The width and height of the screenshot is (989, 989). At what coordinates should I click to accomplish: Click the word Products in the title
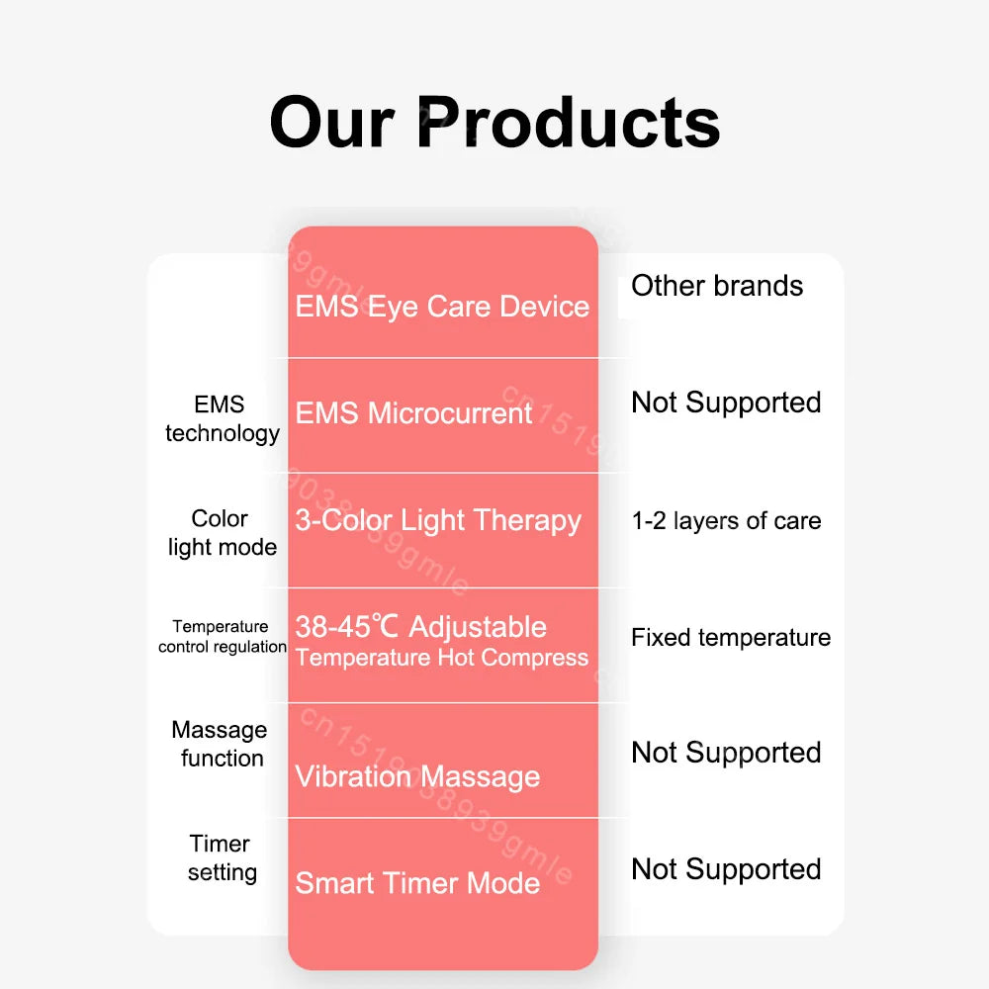pyautogui.click(x=569, y=122)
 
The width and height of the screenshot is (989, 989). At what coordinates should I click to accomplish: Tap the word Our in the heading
pyautogui.click(x=331, y=122)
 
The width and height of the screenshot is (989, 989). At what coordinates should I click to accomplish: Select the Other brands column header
pyautogui.click(x=717, y=286)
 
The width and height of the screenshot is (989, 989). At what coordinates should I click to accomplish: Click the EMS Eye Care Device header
pyautogui.click(x=442, y=307)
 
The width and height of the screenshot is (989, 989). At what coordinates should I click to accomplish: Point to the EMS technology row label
pyautogui.click(x=222, y=418)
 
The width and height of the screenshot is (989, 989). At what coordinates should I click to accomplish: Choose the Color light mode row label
pyautogui.click(x=222, y=533)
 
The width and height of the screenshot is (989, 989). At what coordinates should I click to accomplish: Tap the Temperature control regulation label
pyautogui.click(x=222, y=636)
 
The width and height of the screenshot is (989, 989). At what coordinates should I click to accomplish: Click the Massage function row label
pyautogui.click(x=220, y=744)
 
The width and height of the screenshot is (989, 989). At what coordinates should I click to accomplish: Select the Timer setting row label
pyautogui.click(x=222, y=857)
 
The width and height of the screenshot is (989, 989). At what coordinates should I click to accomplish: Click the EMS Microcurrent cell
pyautogui.click(x=413, y=413)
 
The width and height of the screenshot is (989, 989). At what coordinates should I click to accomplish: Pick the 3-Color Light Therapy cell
pyautogui.click(x=438, y=521)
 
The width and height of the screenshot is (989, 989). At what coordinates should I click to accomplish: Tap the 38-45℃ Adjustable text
pyautogui.click(x=420, y=627)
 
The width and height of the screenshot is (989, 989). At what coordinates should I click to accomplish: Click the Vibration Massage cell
pyautogui.click(x=417, y=776)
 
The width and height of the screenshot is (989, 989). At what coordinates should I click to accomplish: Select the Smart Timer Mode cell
pyautogui.click(x=417, y=883)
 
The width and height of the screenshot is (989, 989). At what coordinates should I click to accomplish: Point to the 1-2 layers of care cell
pyautogui.click(x=726, y=521)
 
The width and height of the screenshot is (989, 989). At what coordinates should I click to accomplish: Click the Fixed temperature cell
pyautogui.click(x=731, y=638)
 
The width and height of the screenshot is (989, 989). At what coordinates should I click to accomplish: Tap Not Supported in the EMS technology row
pyautogui.click(x=726, y=404)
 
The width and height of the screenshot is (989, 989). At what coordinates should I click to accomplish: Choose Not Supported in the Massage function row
pyautogui.click(x=726, y=753)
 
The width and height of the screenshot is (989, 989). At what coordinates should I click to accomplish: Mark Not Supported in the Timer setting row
pyautogui.click(x=726, y=869)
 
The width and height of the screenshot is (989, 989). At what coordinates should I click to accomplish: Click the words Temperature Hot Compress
pyautogui.click(x=441, y=658)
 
